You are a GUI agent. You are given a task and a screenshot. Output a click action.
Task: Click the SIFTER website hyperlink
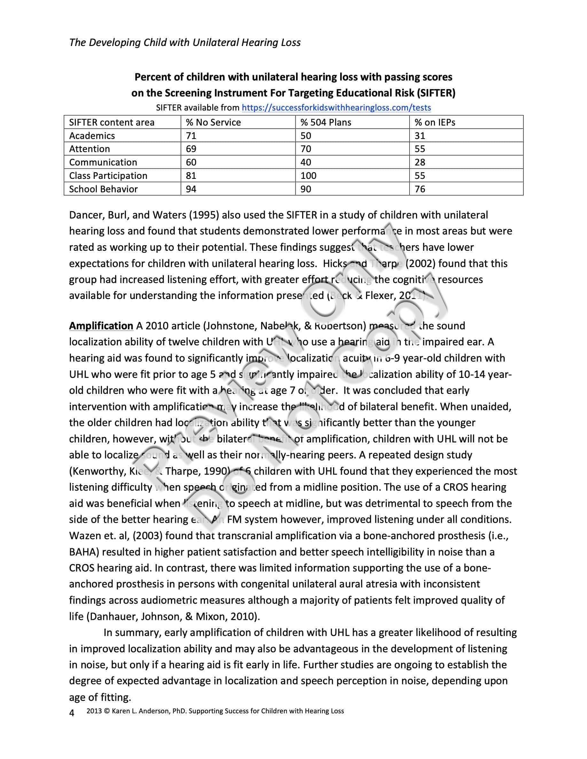pos(336,108)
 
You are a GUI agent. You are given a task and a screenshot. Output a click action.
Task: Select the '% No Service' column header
pos(213,122)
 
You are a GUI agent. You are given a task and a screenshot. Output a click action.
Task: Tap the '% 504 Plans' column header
pos(326,122)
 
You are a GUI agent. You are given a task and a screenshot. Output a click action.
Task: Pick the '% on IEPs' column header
pos(435,122)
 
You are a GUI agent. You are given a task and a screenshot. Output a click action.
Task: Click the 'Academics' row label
pos(92,135)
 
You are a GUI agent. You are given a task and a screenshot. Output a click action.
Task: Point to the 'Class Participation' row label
pos(108,175)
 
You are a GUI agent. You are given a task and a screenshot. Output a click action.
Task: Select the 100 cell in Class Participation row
pos(309,175)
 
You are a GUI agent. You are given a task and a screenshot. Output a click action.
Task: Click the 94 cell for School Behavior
pos(191,189)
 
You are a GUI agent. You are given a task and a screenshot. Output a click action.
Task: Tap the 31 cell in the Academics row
pos(420,135)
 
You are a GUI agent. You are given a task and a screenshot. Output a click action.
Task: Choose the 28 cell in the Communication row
pos(420,162)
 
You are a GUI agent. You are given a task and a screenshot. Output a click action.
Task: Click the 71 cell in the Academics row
pos(191,135)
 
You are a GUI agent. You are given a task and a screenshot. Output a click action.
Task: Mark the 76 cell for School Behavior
pos(420,189)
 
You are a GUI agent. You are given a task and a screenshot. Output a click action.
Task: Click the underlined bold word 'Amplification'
pos(101,326)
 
